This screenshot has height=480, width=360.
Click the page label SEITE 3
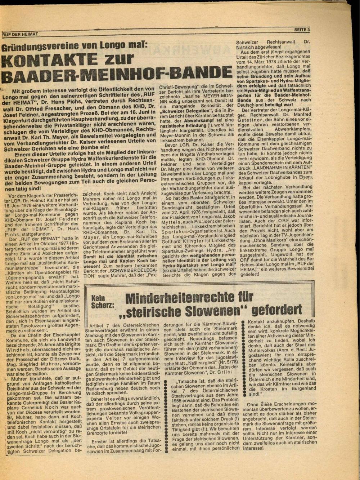point(302,30)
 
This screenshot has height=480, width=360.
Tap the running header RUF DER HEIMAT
point(20,34)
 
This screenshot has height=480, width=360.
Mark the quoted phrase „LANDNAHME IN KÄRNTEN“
point(282,168)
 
